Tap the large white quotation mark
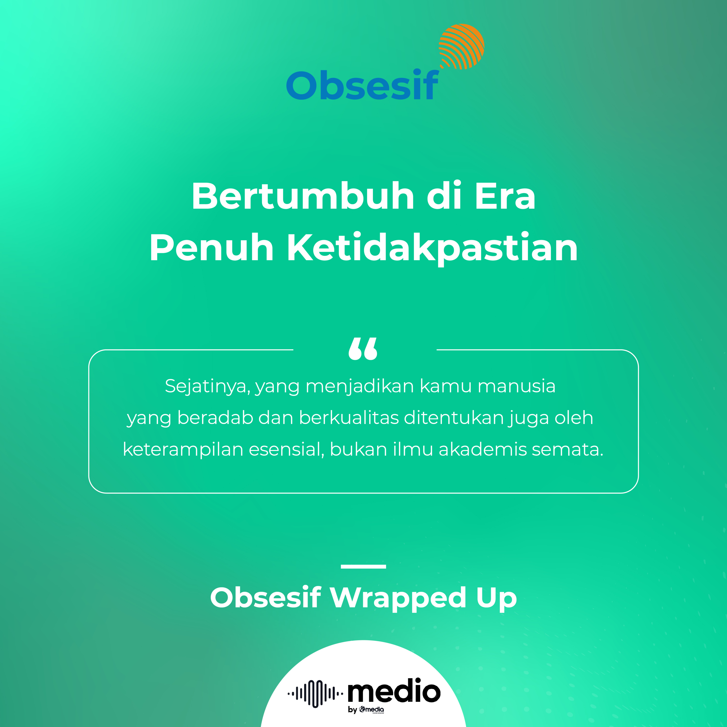point(363,349)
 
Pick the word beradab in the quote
point(215,418)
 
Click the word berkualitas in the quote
point(349,418)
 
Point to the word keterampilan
point(183,450)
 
